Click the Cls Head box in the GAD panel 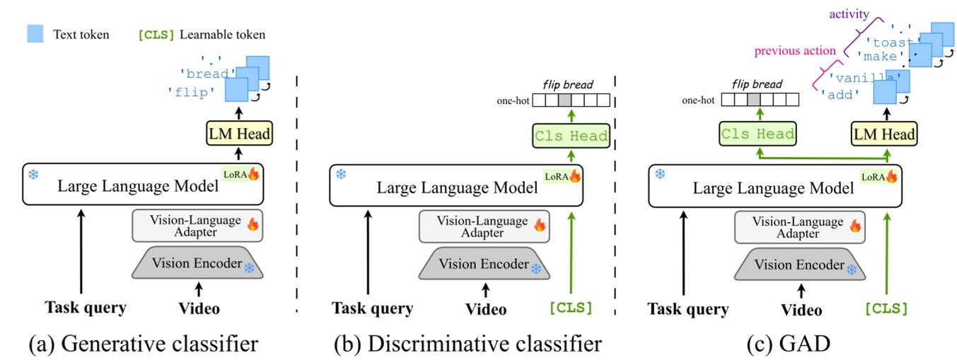pyautogui.click(x=758, y=134)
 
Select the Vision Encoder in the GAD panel pyautogui.click(x=799, y=265)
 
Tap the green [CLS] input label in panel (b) pyautogui.click(x=571, y=308)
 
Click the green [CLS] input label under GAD pyautogui.click(x=886, y=308)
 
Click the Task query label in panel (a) pyautogui.click(x=86, y=307)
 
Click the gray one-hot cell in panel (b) pyautogui.click(x=564, y=100)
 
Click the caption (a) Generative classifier pyautogui.click(x=143, y=344)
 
